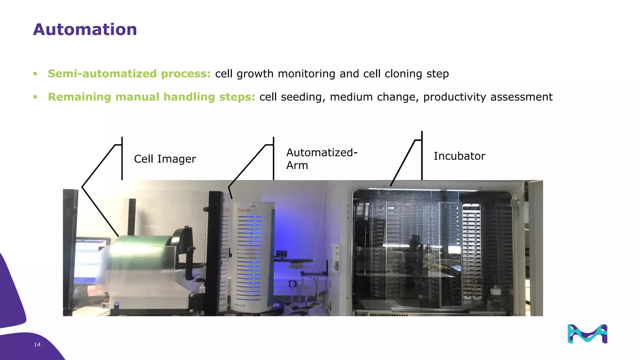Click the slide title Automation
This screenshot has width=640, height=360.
click(x=85, y=30)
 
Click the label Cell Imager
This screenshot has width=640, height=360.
click(x=165, y=159)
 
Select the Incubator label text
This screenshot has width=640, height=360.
click(x=459, y=156)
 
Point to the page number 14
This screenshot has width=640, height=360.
click(x=37, y=344)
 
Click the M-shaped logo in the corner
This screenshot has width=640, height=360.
click(x=587, y=334)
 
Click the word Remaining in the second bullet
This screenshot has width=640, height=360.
click(x=79, y=97)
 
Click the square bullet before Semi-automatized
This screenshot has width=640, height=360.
click(x=35, y=74)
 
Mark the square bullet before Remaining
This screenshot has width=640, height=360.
click(x=35, y=97)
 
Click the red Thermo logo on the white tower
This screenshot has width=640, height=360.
click(x=244, y=210)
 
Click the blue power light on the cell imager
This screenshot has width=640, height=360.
click(x=117, y=304)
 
